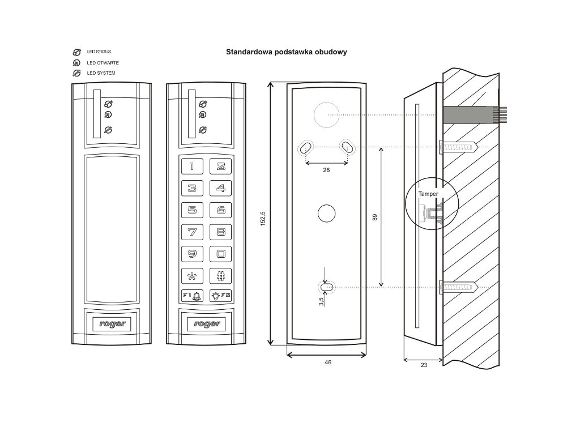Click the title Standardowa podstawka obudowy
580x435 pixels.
tap(286, 52)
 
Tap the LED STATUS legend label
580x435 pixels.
tap(99, 52)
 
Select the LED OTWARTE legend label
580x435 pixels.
tap(103, 62)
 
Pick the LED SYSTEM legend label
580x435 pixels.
tap(101, 73)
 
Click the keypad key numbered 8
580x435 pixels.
tap(221, 231)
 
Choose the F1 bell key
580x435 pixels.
tap(192, 296)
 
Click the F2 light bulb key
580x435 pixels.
tap(221, 296)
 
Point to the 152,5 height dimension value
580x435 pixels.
tap(263, 217)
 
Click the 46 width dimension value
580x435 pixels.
tap(328, 362)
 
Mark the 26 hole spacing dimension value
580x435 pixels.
tap(326, 170)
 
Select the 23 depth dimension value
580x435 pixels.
tap(424, 366)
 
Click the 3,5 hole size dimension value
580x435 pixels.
tap(321, 301)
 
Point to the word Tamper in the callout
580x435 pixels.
tap(428, 194)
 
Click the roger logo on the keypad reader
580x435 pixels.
tap(207, 324)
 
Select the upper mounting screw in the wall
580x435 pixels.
tap(459, 147)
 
